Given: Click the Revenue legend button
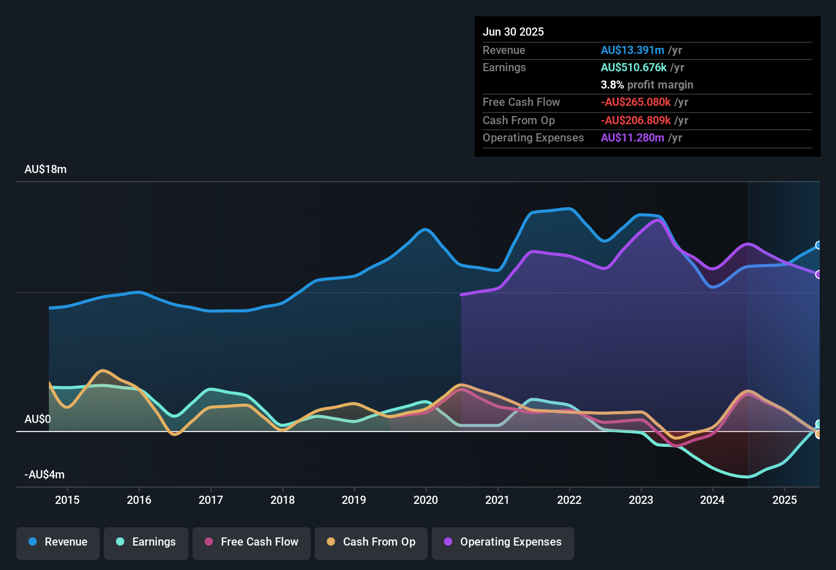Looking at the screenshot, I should (x=58, y=542).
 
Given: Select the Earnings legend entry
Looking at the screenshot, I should (x=146, y=542).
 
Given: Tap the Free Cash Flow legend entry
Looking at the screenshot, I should (x=252, y=542).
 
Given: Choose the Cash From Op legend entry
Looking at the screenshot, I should (x=371, y=542).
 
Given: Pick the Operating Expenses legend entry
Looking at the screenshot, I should (x=503, y=542).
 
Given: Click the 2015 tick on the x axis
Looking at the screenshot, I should (x=67, y=500).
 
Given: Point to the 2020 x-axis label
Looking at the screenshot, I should (x=426, y=500).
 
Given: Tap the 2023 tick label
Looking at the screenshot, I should (x=641, y=500).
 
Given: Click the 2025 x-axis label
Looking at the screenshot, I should (x=785, y=500).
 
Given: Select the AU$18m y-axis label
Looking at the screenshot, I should (x=45, y=169).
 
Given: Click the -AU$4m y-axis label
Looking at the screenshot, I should (x=44, y=475).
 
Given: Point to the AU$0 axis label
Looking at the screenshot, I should (x=38, y=419).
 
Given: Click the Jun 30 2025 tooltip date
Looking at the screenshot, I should (x=513, y=32).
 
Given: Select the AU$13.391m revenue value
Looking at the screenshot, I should (x=632, y=50).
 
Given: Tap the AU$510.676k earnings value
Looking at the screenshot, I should (x=633, y=68).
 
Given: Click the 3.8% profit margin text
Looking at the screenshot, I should (x=647, y=85).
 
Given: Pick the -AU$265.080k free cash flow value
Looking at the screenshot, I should (x=635, y=102).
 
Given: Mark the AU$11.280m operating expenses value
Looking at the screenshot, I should (x=632, y=138).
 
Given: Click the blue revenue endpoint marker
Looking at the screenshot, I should (x=818, y=245).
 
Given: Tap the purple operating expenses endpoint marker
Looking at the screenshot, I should (x=818, y=274).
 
